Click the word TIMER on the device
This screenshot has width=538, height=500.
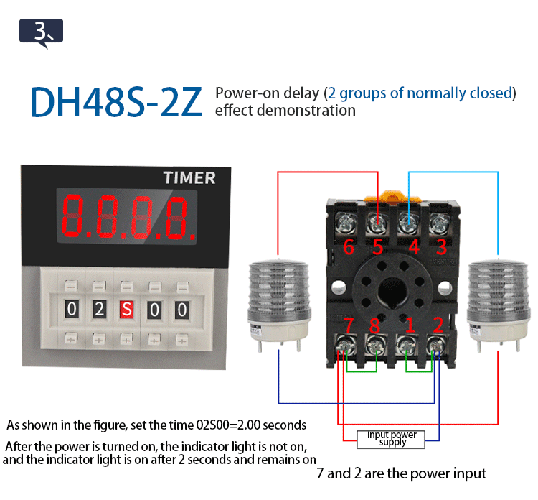[x=189, y=177]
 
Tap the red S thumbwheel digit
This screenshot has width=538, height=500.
[x=127, y=310]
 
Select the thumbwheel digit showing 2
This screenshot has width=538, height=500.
[x=100, y=310]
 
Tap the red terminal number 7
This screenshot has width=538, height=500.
[x=349, y=325]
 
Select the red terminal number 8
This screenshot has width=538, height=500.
[x=374, y=325]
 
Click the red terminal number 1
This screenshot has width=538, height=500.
[x=410, y=325]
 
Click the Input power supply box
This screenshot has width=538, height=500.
[x=392, y=438]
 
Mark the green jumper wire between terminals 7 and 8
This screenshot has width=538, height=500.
[x=362, y=371]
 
